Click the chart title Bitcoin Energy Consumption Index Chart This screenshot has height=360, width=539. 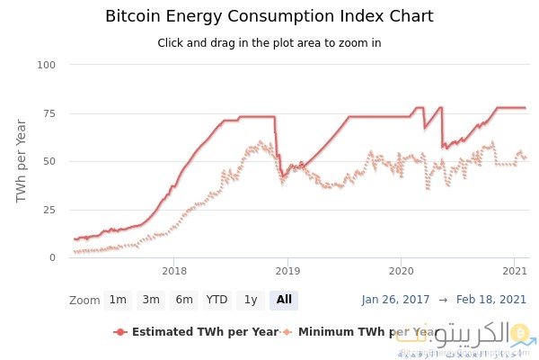pyautogui.click(x=269, y=16)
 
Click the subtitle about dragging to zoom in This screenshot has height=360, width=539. pyautogui.click(x=269, y=43)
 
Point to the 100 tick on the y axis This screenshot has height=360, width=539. pyautogui.click(x=47, y=65)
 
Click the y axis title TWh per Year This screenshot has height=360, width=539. pyautogui.click(x=22, y=161)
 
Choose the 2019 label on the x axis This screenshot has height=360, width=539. pyautogui.click(x=287, y=271)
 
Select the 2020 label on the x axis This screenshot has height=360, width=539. pyautogui.click(x=400, y=271)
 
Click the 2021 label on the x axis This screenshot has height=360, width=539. pyautogui.click(x=513, y=271)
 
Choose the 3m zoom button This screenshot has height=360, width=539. pyautogui.click(x=151, y=300)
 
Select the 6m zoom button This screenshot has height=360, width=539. pyautogui.click(x=184, y=300)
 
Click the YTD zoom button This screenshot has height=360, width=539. pyautogui.click(x=216, y=300)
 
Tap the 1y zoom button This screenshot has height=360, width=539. pyautogui.click(x=251, y=300)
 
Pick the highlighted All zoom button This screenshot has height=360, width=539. pyautogui.click(x=284, y=300)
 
